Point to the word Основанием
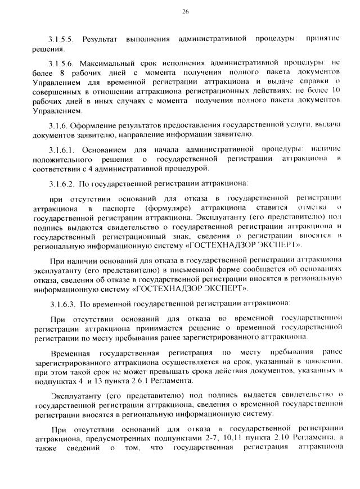[x=107, y=150]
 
